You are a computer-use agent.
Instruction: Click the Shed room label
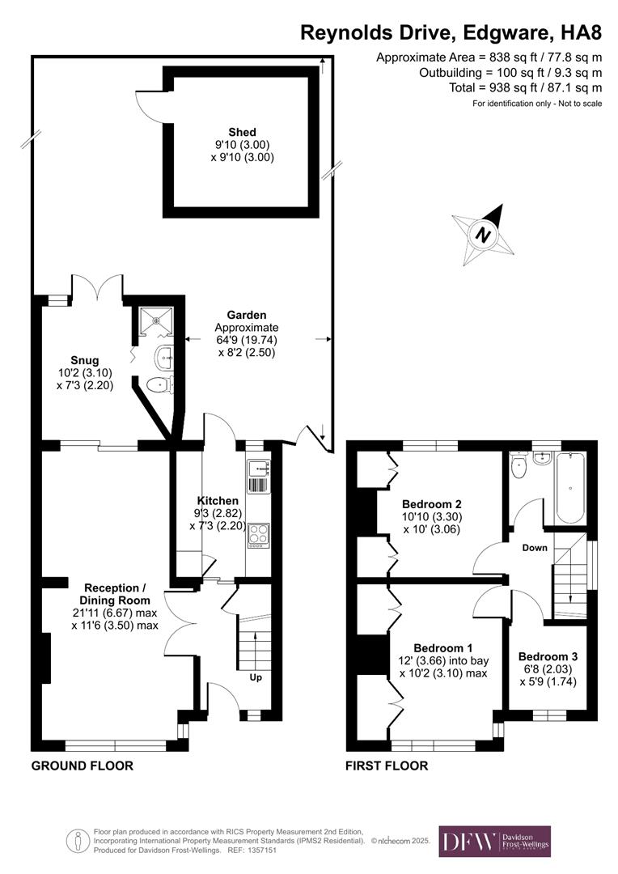(x=242, y=133)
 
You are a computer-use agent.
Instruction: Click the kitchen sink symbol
(x=260, y=467)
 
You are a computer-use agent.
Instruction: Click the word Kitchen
(x=218, y=501)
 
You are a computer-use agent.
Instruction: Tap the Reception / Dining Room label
(x=116, y=594)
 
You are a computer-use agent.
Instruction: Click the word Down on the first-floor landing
(x=535, y=548)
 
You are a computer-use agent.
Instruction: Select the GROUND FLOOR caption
(x=82, y=766)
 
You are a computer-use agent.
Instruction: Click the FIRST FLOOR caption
(x=387, y=766)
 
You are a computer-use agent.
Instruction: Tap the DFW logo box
(x=494, y=841)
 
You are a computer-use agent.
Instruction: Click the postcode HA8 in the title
(x=581, y=33)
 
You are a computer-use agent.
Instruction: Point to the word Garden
(x=247, y=315)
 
